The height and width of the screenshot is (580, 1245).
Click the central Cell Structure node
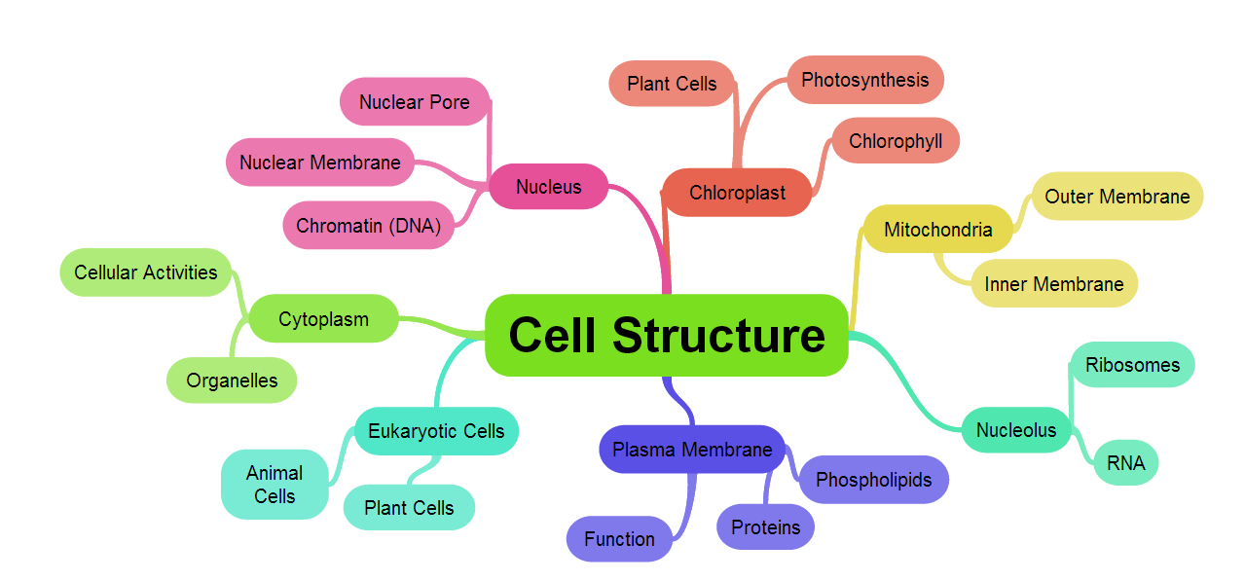(667, 335)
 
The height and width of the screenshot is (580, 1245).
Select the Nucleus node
(549, 187)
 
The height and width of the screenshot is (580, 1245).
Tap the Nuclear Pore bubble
(415, 102)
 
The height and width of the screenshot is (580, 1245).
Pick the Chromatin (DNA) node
(369, 226)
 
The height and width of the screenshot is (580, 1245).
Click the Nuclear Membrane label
(320, 163)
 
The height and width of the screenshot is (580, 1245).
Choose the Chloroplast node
(737, 193)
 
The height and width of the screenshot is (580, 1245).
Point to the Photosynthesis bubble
(864, 80)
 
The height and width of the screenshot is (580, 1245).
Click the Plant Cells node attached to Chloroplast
(672, 84)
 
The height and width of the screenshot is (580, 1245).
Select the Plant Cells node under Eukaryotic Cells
(409, 508)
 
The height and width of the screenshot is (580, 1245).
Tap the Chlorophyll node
(896, 141)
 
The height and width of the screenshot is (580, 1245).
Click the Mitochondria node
(938, 230)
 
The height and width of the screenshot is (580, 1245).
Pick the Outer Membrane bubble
(1117, 197)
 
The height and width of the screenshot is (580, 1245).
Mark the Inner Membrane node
(1054, 284)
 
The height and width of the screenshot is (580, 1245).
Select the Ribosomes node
(1132, 365)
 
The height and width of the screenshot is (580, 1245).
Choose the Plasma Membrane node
(692, 450)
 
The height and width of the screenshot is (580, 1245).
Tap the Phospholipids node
(873, 480)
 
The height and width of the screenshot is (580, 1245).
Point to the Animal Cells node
(275, 485)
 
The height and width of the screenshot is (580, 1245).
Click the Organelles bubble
(232, 381)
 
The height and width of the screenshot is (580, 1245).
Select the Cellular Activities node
(146, 272)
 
